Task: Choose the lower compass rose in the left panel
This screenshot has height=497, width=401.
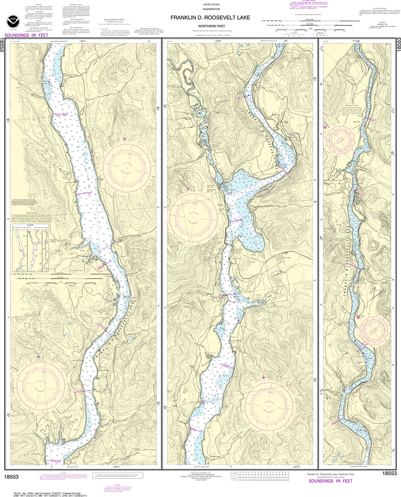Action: click(41, 385)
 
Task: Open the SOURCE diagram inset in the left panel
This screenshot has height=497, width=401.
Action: click(31, 250)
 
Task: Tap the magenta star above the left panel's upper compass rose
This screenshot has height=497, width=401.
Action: click(125, 139)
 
